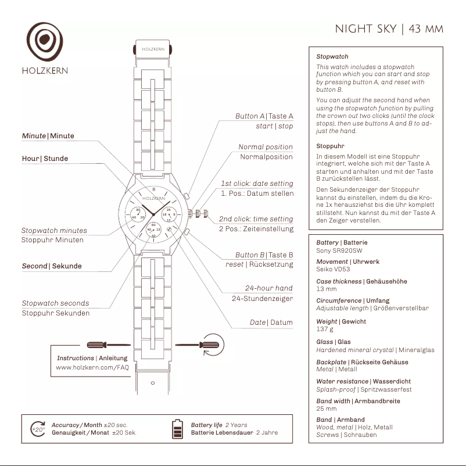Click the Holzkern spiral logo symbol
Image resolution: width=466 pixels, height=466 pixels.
click(x=45, y=42)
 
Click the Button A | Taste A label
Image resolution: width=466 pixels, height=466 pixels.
click(x=264, y=116)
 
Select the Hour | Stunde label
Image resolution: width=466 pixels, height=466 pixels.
click(x=45, y=159)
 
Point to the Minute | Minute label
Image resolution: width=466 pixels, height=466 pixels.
click(x=48, y=136)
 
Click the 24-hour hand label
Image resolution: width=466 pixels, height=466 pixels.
click(x=268, y=288)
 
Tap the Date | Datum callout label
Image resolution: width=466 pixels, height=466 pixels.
click(x=271, y=322)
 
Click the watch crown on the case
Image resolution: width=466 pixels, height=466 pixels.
click(x=200, y=214)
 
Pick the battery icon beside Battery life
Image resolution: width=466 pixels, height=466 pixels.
click(x=177, y=429)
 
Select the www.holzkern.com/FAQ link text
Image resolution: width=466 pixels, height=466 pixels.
click(x=92, y=367)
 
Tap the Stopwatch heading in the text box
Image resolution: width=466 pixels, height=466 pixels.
click(x=332, y=57)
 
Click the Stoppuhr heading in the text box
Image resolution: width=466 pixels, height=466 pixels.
click(x=331, y=146)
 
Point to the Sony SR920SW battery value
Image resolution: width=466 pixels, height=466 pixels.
click(x=339, y=250)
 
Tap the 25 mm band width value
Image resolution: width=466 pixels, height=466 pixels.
click(x=326, y=408)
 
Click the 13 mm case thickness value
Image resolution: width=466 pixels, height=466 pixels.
click(x=326, y=289)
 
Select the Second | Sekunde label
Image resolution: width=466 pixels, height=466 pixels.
click(x=52, y=266)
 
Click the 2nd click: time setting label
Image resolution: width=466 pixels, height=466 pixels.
click(x=256, y=219)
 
